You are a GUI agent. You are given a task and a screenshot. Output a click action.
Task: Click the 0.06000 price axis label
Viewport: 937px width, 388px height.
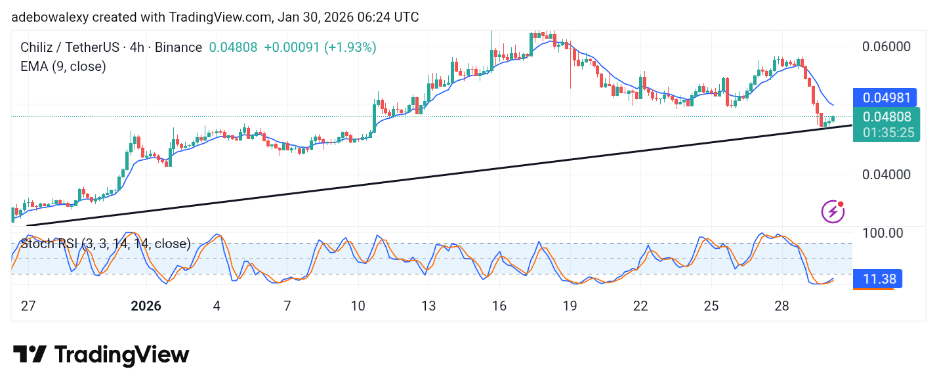click(885, 47)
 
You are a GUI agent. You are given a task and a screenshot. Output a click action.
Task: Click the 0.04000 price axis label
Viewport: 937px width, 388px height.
click(885, 175)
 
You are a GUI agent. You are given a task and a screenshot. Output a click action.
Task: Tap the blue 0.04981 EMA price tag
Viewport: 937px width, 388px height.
click(886, 98)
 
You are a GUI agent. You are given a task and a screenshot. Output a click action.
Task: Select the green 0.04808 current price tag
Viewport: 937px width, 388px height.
click(886, 117)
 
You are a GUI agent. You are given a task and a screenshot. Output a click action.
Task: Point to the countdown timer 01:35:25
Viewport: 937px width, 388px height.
click(886, 133)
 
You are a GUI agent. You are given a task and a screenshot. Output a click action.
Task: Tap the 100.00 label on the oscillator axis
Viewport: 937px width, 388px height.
click(883, 233)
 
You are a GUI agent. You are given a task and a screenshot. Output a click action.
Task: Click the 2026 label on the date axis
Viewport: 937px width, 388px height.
click(146, 306)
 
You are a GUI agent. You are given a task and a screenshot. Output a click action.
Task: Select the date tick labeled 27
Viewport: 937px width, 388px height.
click(28, 306)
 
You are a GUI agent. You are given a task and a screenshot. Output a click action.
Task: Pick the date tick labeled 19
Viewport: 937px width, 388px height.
click(570, 306)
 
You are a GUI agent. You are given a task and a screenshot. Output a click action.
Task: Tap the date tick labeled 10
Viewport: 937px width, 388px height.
click(358, 306)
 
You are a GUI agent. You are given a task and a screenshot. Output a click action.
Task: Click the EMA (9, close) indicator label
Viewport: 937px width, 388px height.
click(64, 66)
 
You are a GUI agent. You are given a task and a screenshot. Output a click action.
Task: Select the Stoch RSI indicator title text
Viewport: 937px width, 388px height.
click(105, 244)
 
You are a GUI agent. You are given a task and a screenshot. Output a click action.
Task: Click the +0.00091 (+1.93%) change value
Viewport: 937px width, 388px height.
click(320, 47)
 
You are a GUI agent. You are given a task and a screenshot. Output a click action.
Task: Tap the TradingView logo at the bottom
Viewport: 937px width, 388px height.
click(101, 355)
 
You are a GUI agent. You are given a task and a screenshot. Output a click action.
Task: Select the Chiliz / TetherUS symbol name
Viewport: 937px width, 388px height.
click(69, 47)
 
